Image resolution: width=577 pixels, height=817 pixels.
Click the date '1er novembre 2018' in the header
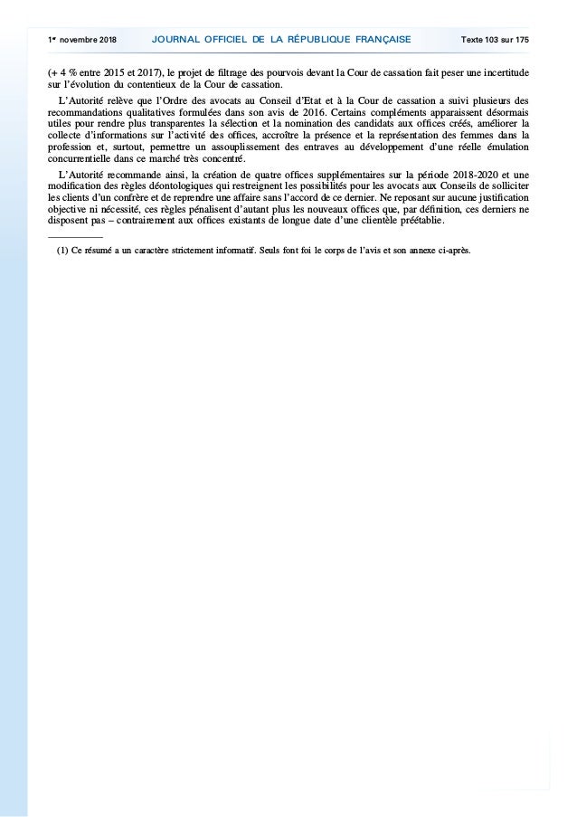tap(80, 40)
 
